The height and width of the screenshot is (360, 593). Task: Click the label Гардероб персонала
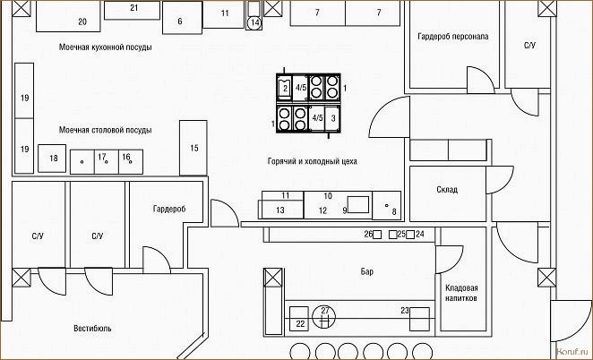point(452,37)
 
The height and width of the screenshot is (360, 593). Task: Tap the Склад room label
point(447,190)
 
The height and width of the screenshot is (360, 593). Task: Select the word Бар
point(367,271)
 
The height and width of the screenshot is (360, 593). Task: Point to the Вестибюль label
point(92,329)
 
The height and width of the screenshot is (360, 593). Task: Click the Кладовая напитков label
point(461,293)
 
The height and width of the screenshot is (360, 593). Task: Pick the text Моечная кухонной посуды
point(106,47)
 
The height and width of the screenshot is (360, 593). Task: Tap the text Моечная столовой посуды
point(106,130)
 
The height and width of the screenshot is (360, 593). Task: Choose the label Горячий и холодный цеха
point(313,161)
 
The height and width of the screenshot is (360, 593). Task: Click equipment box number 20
point(68,16)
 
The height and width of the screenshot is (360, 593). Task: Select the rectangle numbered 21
point(132,10)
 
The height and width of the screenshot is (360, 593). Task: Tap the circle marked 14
point(254,22)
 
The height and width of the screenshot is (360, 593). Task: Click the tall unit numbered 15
point(193,148)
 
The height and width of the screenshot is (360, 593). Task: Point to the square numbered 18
point(52,159)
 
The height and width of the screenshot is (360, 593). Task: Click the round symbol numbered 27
point(324,317)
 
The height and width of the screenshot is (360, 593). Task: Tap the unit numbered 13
point(281,210)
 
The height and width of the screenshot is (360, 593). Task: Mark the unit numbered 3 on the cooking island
point(332,118)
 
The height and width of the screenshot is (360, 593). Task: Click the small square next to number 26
point(377,235)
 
